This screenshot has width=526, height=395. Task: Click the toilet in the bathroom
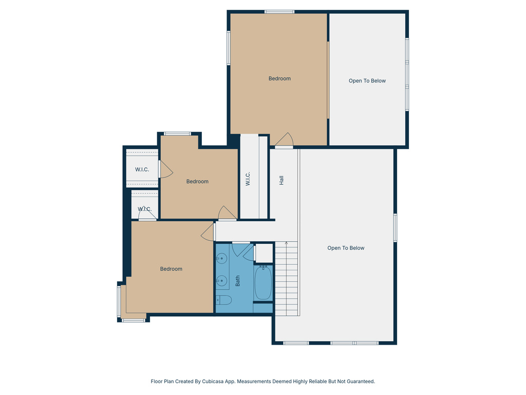tap(223, 300)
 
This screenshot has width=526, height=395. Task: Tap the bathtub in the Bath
tap(264, 282)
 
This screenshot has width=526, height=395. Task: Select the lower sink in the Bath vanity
tap(221, 281)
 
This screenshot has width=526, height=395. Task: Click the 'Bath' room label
tap(238, 281)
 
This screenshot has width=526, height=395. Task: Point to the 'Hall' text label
tap(281, 181)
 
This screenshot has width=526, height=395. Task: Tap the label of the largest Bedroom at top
tap(279, 79)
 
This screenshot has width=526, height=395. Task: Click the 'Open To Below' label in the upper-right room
tap(367, 81)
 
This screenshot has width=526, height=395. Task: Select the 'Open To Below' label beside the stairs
tap(346, 248)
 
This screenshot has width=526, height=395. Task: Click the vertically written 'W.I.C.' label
tap(248, 178)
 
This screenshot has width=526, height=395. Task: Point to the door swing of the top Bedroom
tap(285, 140)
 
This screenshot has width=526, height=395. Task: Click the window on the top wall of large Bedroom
tap(279, 11)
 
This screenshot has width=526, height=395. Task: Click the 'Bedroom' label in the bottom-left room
tap(171, 269)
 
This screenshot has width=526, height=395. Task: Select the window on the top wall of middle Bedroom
tap(177, 134)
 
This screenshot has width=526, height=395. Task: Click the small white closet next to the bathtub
tap(264, 253)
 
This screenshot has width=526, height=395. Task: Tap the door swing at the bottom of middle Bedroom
tap(227, 213)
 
